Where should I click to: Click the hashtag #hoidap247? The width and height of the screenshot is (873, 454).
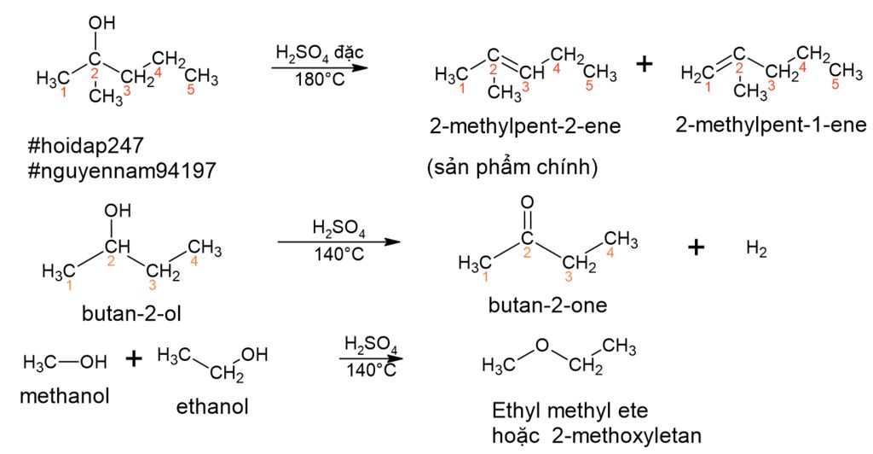tap(86, 147)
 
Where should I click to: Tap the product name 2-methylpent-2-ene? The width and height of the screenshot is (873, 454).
tap(525, 126)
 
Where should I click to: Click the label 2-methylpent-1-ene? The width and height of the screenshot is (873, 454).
tap(771, 125)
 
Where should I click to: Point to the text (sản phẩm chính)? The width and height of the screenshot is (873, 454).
tap(512, 167)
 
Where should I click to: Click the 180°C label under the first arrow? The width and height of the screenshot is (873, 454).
tap(321, 79)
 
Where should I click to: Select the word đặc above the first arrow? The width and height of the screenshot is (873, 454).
tap(349, 53)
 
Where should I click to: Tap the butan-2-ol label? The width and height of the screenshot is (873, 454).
tap(131, 314)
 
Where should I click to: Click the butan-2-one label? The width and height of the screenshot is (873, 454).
tap(548, 305)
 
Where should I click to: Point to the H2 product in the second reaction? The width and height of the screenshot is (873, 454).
tap(757, 249)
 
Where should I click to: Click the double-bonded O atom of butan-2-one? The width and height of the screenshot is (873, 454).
tap(527, 202)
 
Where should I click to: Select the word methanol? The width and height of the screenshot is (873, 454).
tap(65, 396)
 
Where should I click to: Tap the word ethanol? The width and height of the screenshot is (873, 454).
tap(212, 407)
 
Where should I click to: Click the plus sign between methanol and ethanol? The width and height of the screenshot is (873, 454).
tap(134, 358)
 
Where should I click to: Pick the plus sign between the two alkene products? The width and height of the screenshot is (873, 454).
tap(645, 64)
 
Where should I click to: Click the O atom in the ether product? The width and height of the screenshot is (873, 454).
tap(542, 346)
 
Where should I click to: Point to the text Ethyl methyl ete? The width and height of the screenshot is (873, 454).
tap(570, 410)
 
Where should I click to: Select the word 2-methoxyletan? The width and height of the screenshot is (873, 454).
tap(627, 435)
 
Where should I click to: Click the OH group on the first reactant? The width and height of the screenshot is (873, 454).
tap(102, 23)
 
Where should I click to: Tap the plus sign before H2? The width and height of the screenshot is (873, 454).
tap(696, 247)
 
